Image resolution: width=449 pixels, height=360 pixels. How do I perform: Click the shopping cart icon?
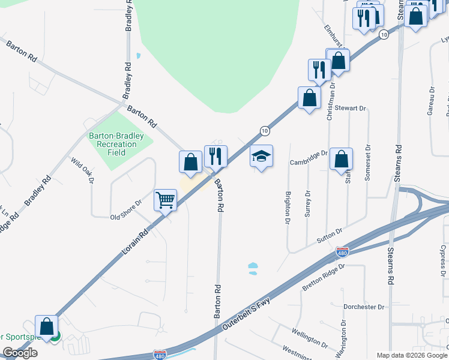tap(165, 200)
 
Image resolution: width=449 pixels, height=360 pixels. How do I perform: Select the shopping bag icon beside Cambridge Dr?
tap(341, 159)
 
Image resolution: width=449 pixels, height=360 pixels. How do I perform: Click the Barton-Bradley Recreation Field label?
tap(116, 144)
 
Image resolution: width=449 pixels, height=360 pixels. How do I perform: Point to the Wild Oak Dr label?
tap(83, 170)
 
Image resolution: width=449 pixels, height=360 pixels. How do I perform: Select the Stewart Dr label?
tap(351, 108)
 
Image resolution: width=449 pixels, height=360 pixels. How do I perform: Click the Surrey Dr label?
tap(307, 202)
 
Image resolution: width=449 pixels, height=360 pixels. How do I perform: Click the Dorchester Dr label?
tap(364, 307)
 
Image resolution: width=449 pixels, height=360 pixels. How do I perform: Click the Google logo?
tap(20, 353)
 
